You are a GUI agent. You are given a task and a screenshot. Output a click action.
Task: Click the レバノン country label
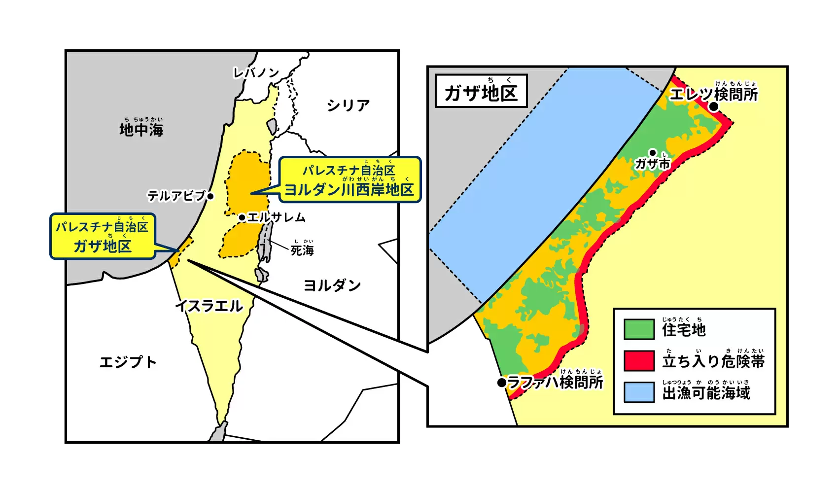coord(256,73)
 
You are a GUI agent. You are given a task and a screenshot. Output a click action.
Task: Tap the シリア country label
coord(348,105)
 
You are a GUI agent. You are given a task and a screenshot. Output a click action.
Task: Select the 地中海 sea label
coord(141,130)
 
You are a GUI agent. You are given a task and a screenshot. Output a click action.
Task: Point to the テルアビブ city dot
coord(210,196)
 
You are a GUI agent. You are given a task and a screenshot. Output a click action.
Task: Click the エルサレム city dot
coord(242,217)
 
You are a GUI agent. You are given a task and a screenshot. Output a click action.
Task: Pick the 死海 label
coord(302,250)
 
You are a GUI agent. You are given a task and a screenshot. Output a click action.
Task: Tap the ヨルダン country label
coord(332,285)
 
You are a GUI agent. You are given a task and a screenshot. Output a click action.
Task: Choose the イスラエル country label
coord(209,306)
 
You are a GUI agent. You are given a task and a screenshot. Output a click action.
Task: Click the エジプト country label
coord(128,362)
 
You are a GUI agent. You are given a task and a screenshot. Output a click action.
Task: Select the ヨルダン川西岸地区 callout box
coord(349,180)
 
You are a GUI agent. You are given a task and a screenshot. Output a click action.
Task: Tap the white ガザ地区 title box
coord(481,91)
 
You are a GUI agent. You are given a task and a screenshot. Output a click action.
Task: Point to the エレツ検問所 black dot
coord(714,106)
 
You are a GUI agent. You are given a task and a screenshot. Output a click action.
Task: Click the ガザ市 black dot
coord(653,153)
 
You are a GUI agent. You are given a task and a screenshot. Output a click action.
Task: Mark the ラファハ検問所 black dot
coord(502,382)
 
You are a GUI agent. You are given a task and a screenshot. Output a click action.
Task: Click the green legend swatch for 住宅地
coord(639,329)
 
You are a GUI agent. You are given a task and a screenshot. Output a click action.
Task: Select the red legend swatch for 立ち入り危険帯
coord(639,361)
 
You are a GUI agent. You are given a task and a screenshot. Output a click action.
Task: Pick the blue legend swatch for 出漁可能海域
coord(639,392)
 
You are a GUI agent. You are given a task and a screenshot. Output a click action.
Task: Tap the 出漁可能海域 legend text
coord(706,393)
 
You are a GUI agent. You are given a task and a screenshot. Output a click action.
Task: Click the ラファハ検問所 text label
coord(555,382)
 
